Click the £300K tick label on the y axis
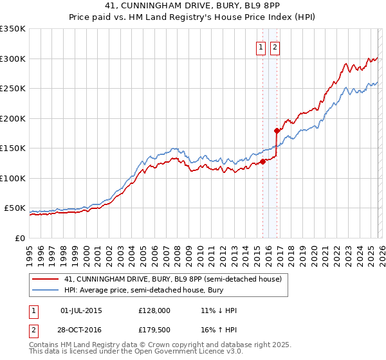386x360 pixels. (x=13, y=59)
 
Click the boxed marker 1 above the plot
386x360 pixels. (x=261, y=47)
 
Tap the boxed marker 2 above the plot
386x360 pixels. (x=275, y=47)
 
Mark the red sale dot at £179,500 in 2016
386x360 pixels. (x=277, y=130)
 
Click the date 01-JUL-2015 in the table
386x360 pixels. (x=81, y=310)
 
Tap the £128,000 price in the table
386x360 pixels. (x=154, y=310)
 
